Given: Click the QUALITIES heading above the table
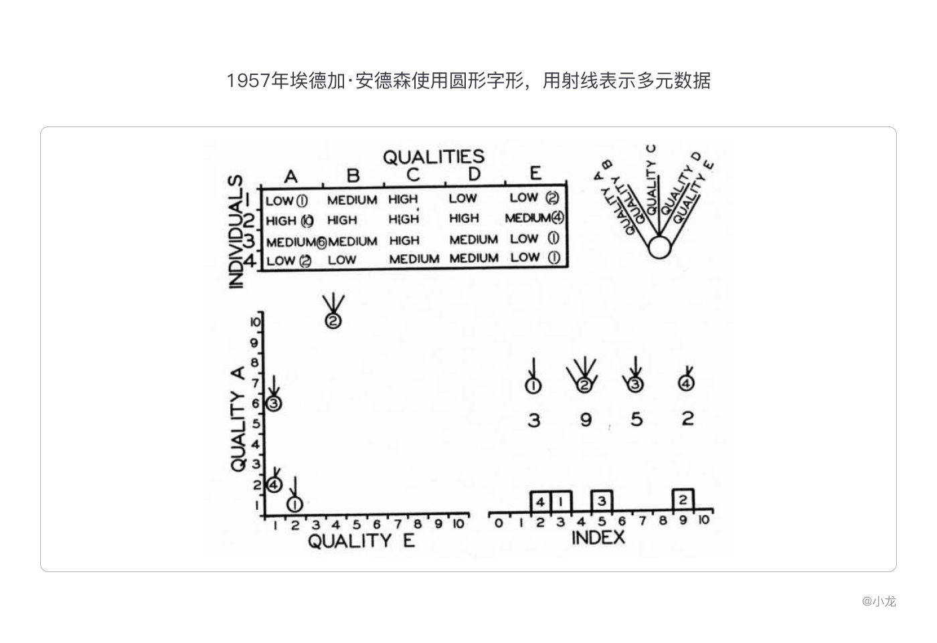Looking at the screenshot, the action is (x=433, y=157).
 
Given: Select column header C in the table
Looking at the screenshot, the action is (x=413, y=175).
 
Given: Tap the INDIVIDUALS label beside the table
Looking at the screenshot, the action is (x=236, y=232).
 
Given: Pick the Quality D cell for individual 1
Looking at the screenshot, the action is (x=463, y=198).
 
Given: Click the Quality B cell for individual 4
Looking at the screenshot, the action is (x=342, y=260).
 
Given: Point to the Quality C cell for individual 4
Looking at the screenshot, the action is (x=414, y=259).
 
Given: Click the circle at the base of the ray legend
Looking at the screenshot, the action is (x=659, y=248).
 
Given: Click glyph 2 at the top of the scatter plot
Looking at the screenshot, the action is (x=333, y=320).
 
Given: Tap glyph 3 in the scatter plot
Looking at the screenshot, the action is (x=274, y=403).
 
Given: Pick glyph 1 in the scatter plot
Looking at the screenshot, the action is (x=295, y=503).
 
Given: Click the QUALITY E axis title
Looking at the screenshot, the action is (x=361, y=541).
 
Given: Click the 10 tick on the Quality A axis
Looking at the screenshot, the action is (x=255, y=323).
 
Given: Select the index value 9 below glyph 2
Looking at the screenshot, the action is (x=586, y=420).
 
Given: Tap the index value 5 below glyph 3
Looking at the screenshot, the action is (x=636, y=420).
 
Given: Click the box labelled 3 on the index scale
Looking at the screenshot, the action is (x=602, y=500).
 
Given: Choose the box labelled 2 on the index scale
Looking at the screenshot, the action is (x=683, y=499).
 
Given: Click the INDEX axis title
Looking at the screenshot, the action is (x=598, y=537).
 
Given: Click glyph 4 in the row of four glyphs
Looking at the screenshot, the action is (x=687, y=383).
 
